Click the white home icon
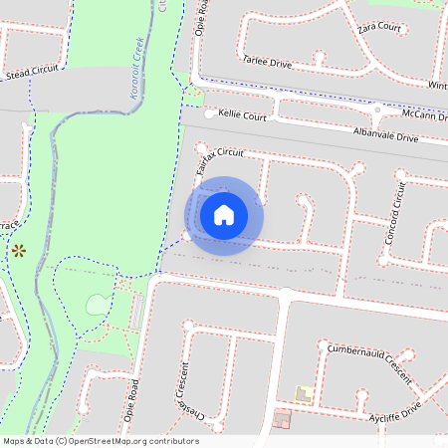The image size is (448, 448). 224,214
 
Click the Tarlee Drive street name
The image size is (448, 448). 267,62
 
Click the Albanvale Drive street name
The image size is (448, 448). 384,134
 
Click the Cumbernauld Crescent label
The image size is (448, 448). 370,362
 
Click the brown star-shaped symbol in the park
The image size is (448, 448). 19,251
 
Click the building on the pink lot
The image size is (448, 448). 283,420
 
